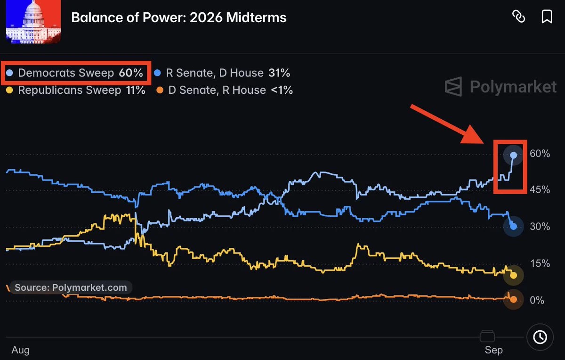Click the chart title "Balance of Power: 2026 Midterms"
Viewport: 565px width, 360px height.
[x=179, y=18]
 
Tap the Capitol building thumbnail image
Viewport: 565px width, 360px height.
[x=33, y=22]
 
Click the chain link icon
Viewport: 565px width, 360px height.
[x=518, y=16]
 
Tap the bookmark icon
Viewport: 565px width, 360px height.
[x=547, y=16]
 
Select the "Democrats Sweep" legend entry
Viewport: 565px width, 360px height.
[x=75, y=73]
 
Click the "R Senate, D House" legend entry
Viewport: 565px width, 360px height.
[x=222, y=73]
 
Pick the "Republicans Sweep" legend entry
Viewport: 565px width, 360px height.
[x=76, y=90]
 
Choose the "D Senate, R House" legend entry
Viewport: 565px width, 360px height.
[x=225, y=90]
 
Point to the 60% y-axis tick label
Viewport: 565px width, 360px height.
[x=540, y=154]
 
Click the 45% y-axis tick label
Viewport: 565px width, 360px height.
[x=540, y=189]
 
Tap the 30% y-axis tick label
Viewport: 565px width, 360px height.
[x=540, y=227]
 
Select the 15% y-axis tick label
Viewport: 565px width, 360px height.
[x=540, y=263]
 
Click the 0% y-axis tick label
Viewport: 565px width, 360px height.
[x=537, y=300]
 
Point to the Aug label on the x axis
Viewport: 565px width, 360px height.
[x=20, y=350]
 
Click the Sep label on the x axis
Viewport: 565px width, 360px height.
[x=493, y=350]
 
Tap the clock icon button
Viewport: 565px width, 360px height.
[x=540, y=337]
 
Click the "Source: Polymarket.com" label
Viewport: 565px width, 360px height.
[x=71, y=287]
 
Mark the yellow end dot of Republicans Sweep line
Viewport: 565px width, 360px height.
[x=513, y=275]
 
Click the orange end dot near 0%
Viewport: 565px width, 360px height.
[x=513, y=299]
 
